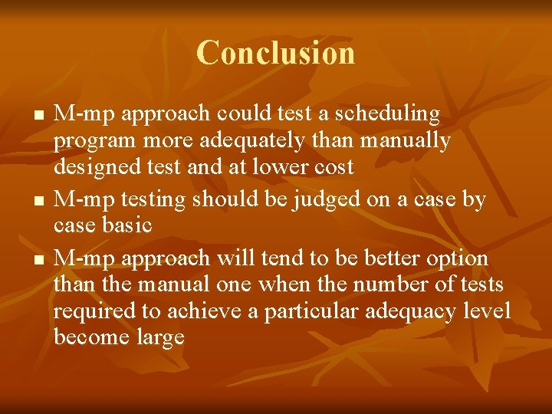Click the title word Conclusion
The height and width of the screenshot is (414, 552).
[x=276, y=53]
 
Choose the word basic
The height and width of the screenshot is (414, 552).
[x=126, y=225]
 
